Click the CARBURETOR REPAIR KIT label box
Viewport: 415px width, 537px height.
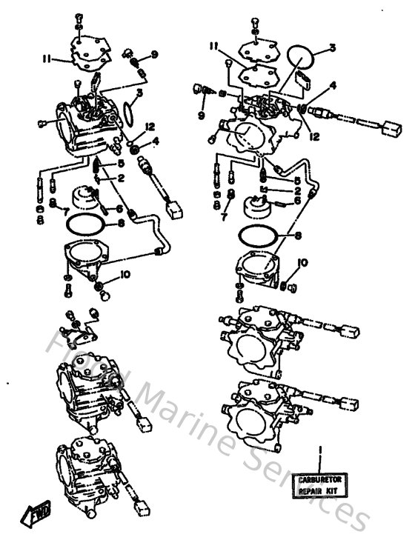point(316,485)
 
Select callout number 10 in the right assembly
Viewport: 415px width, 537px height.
point(303,262)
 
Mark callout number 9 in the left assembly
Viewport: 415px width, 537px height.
point(154,54)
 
